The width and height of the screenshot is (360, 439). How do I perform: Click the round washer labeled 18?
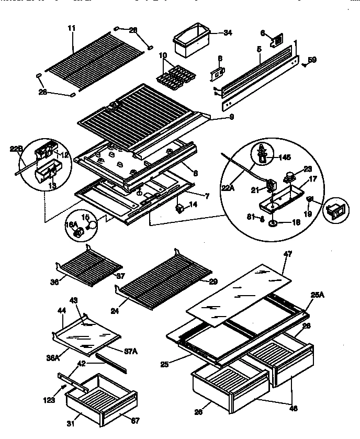pos(273,223)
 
